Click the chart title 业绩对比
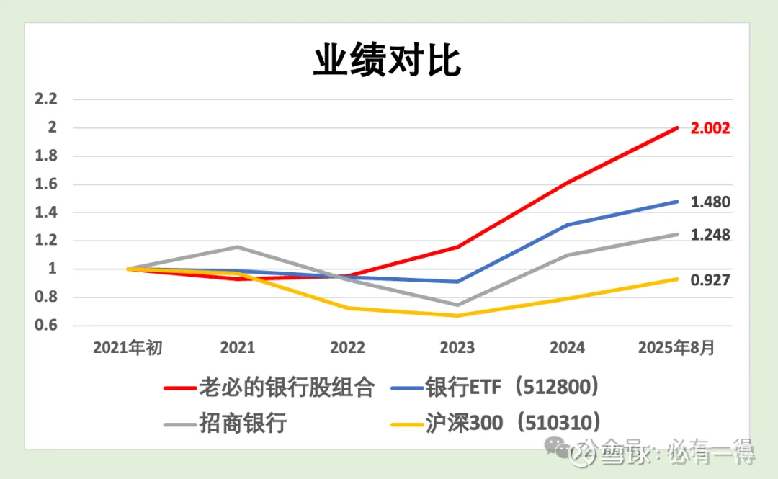click(x=387, y=62)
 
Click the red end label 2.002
click(x=710, y=128)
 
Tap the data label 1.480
click(x=710, y=202)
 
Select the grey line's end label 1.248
click(x=710, y=235)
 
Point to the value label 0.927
click(x=710, y=280)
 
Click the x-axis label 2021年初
click(x=128, y=348)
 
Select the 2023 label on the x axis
click(x=457, y=348)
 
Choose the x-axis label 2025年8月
click(x=676, y=348)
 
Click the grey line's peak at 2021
click(x=238, y=247)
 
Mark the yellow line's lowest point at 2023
click(x=457, y=315)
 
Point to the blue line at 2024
click(x=567, y=225)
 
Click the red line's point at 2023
click(x=457, y=247)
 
